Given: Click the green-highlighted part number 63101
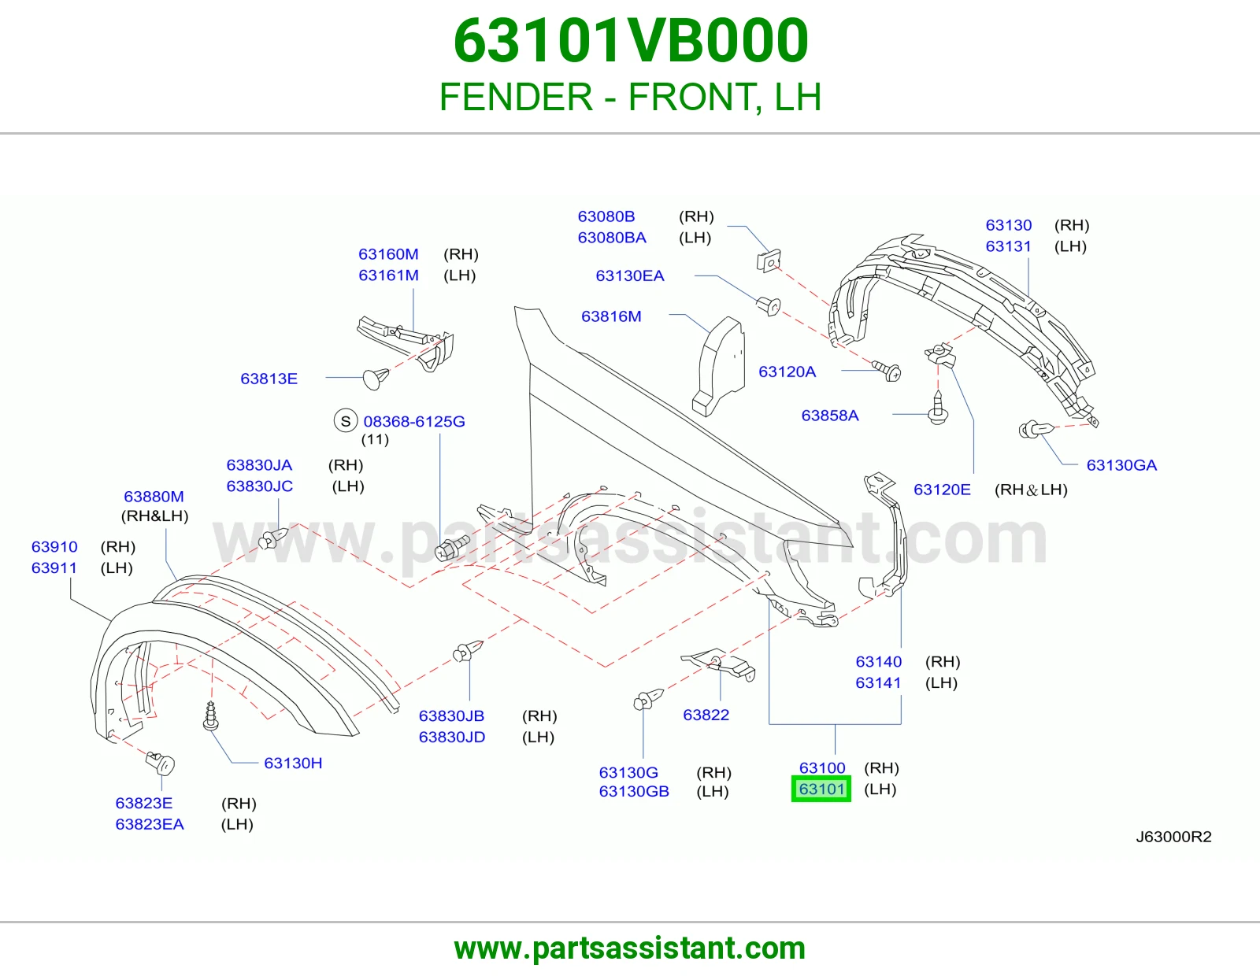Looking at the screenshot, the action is click(821, 789).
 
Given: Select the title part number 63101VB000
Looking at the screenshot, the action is click(630, 41).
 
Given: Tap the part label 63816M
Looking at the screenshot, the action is click(611, 316).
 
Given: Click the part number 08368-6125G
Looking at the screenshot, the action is click(414, 421).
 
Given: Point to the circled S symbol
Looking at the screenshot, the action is click(346, 421).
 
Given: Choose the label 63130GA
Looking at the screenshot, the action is click(1121, 465).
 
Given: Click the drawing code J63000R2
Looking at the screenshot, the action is click(1173, 837).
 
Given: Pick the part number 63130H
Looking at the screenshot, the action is click(293, 763).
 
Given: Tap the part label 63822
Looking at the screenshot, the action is click(706, 715).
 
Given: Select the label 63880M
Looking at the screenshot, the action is click(154, 496).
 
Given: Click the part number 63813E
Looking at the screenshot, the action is click(269, 379).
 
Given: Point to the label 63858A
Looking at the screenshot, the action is click(830, 415).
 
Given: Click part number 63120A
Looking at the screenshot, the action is click(787, 372).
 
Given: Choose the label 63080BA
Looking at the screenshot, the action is click(612, 238).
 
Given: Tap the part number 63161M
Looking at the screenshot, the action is click(388, 275).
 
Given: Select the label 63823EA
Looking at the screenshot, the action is click(150, 824).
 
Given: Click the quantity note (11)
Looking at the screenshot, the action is click(375, 439).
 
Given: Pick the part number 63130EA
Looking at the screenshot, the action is click(630, 275).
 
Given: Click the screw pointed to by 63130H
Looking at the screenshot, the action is click(210, 715).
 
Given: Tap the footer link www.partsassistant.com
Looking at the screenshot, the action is click(630, 948).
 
